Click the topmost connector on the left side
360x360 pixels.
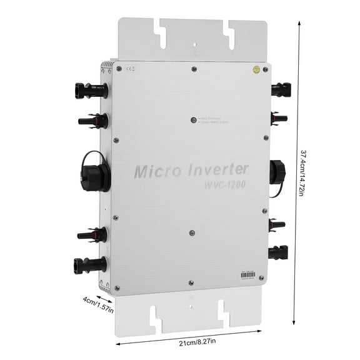pyautogui.click(x=91, y=91)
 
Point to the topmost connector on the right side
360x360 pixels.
pyautogui.click(x=280, y=89)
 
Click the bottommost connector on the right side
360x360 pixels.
pyautogui.click(x=278, y=252)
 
